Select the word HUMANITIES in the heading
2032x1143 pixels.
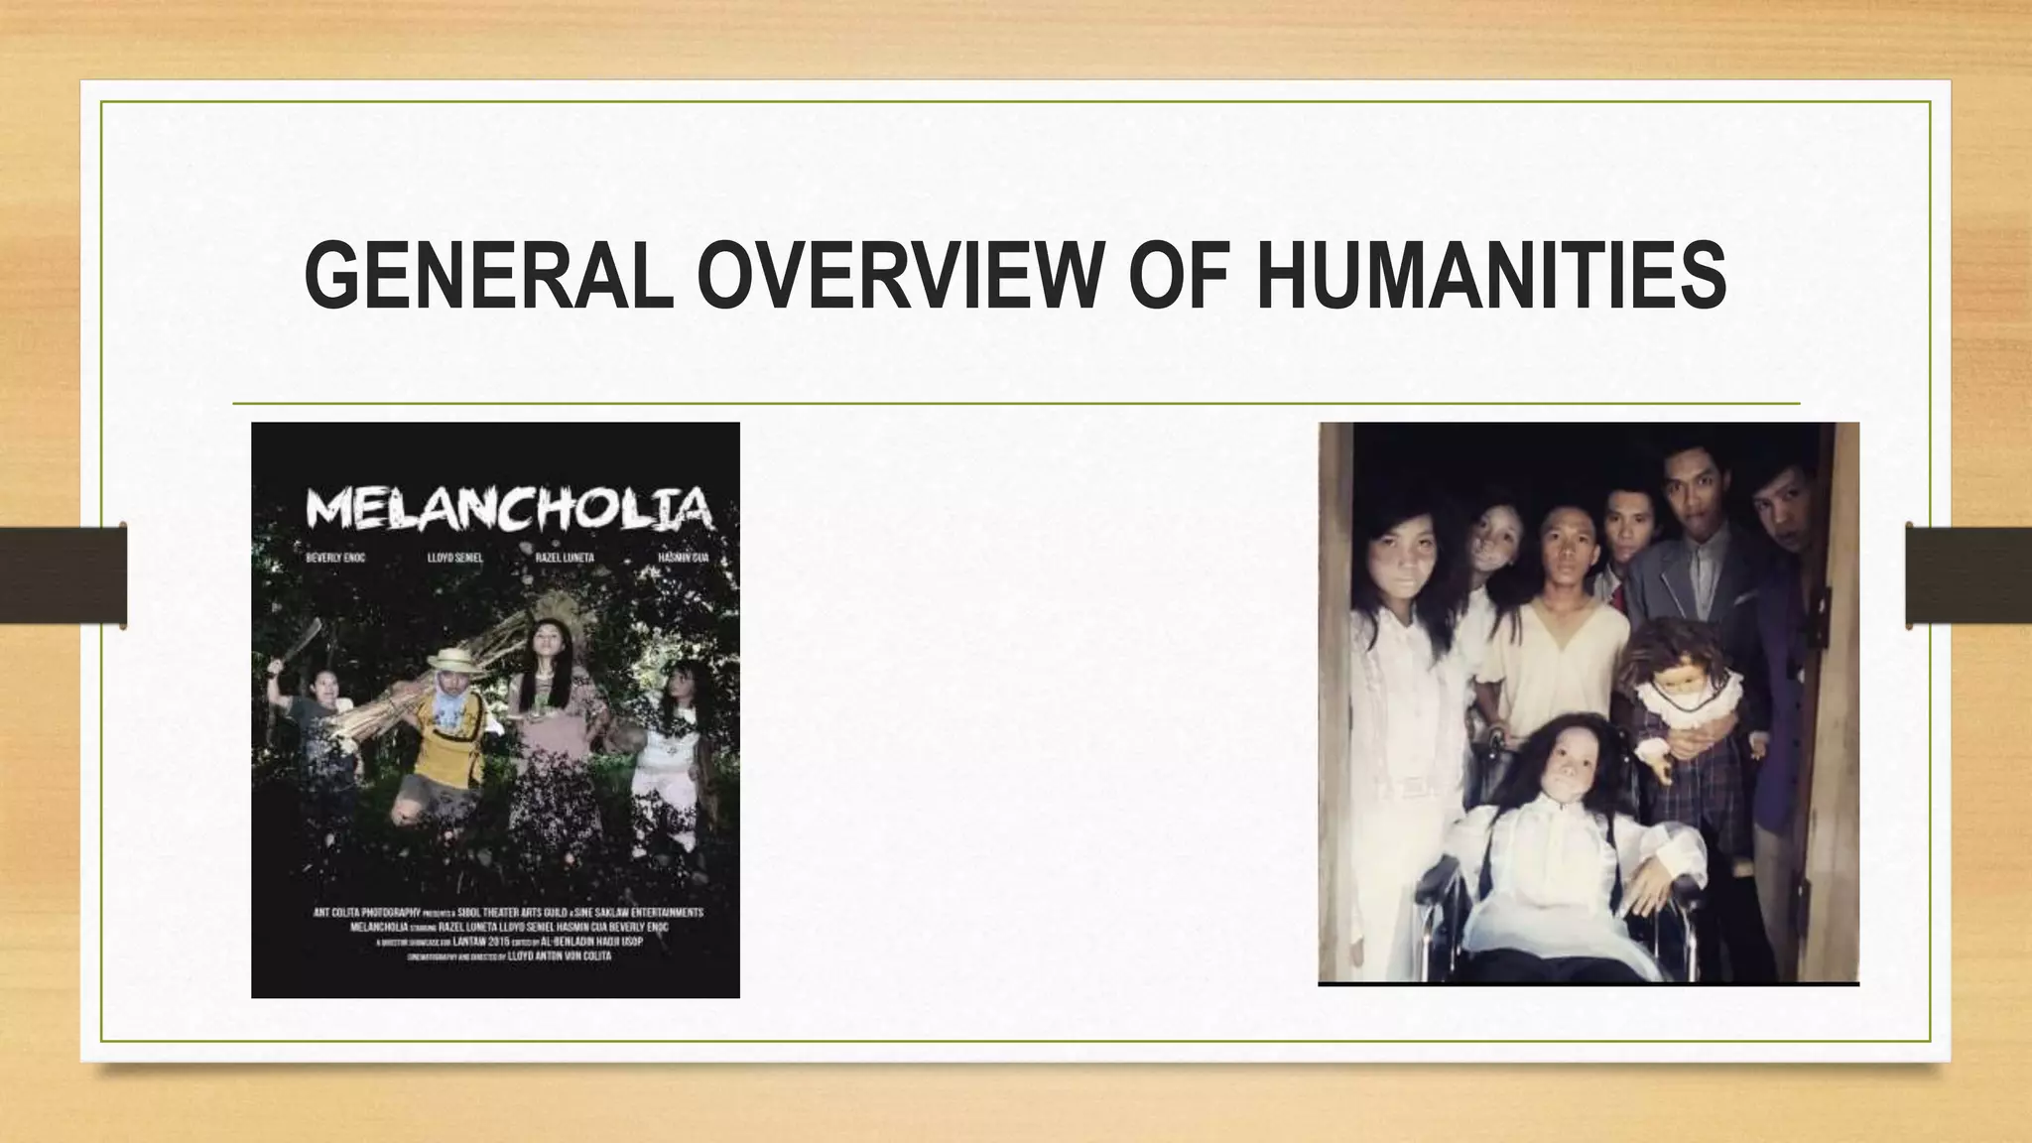[1490, 275]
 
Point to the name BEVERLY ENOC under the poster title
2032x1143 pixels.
[335, 558]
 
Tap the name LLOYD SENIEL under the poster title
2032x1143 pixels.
[454, 558]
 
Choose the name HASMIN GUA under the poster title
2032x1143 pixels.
[684, 558]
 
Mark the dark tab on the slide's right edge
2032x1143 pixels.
[1968, 575]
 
